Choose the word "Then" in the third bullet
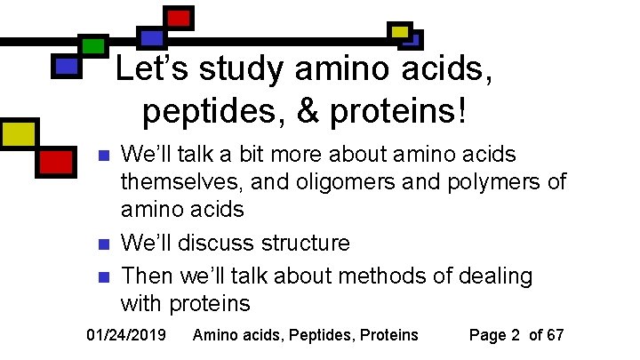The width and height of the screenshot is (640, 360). [145, 276]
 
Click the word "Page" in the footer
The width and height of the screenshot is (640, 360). [487, 335]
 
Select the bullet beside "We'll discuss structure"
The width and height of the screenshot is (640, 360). [102, 244]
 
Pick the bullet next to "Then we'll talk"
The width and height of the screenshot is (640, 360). [102, 276]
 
